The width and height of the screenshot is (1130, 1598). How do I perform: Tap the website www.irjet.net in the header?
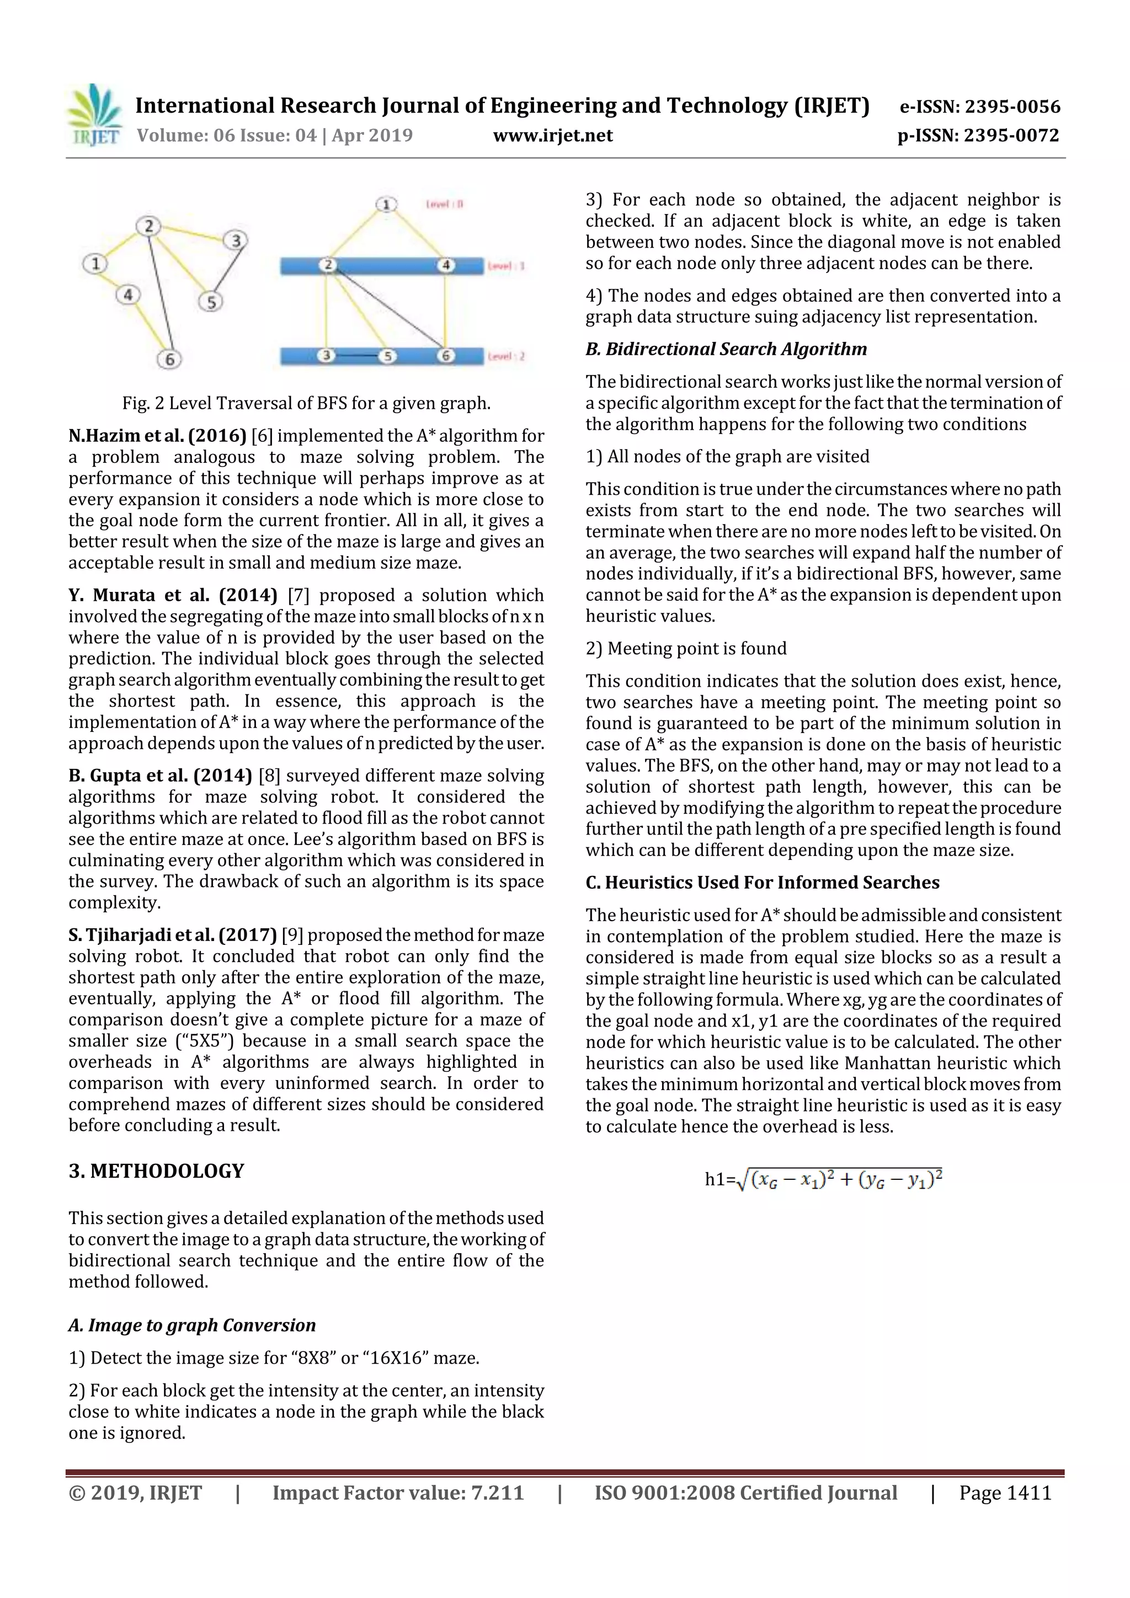coord(553,136)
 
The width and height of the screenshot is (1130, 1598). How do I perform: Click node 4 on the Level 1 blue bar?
coord(446,265)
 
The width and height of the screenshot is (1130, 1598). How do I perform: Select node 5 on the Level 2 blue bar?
coord(387,356)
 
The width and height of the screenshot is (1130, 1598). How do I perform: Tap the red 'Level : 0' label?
coord(445,204)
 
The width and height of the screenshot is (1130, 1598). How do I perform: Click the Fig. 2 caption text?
coord(306,403)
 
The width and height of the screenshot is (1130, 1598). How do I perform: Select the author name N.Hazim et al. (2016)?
coord(157,436)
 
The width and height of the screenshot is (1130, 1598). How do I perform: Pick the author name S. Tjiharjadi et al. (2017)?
coord(173,935)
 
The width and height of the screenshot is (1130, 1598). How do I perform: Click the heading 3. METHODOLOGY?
coord(156,1172)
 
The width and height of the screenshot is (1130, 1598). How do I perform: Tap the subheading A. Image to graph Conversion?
coord(192,1325)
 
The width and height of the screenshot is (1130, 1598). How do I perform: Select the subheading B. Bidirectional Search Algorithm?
coord(726,349)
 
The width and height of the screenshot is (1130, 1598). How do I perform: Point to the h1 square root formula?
coord(824,1179)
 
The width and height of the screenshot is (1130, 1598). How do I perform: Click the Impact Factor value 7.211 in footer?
coord(398,1493)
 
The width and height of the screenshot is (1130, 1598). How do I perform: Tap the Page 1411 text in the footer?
coord(1005,1493)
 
